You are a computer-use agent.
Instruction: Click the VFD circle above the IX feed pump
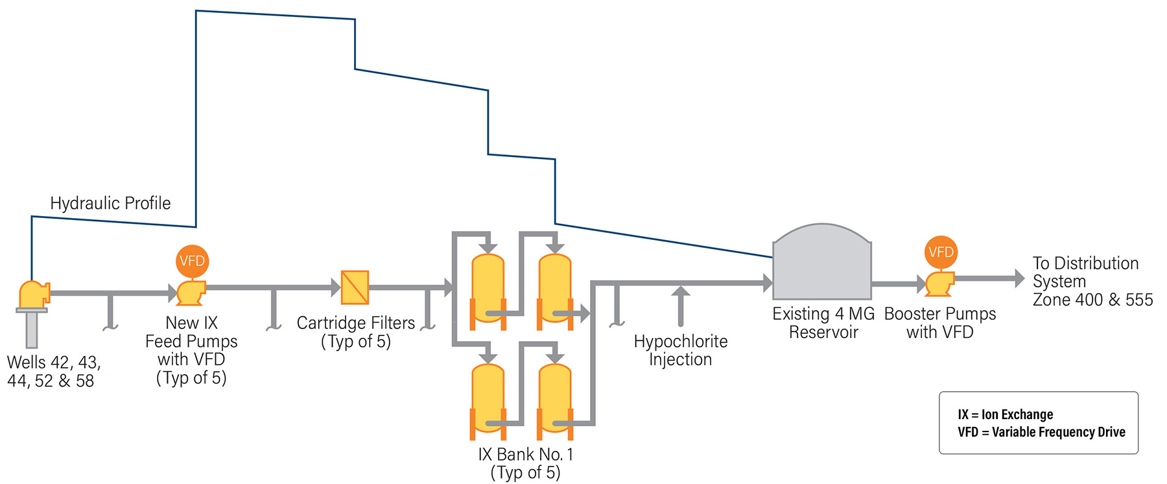tap(192, 261)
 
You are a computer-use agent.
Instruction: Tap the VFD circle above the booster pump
tap(940, 252)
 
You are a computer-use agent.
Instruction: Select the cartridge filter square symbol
tap(355, 287)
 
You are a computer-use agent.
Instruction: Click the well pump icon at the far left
tap(32, 295)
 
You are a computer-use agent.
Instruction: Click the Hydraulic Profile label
tap(110, 203)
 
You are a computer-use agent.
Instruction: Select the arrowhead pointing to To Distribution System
tap(1019, 278)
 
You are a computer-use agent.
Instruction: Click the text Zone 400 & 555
tap(1092, 300)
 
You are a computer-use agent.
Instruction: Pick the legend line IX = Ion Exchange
tap(1005, 415)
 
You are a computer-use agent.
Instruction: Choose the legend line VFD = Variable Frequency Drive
tap(1041, 432)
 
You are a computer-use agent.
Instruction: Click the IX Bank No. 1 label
tap(525, 454)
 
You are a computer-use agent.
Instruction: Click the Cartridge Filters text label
tap(355, 322)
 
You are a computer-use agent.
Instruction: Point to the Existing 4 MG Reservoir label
tap(823, 322)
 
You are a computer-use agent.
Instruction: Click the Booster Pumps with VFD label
tap(939, 322)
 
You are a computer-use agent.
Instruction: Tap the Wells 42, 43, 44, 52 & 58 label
tap(53, 371)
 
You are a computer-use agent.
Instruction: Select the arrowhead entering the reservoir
tap(768, 282)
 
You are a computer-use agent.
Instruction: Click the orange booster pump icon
tap(939, 284)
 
